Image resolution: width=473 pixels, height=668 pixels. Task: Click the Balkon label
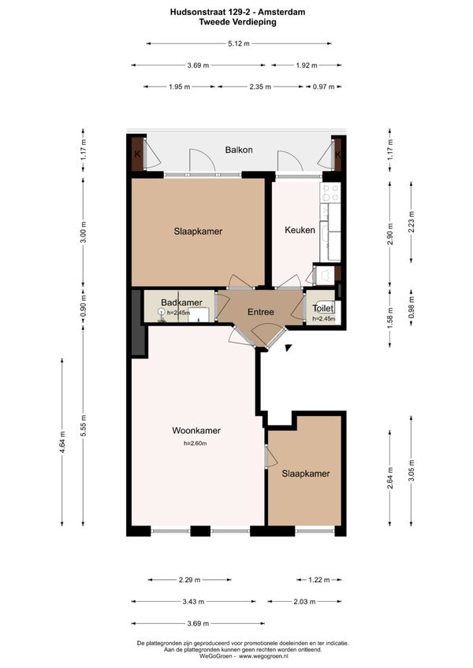239,150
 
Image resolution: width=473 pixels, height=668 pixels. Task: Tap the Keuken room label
300,230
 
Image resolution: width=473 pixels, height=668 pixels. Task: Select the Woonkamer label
196,430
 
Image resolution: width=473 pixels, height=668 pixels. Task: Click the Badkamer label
181,302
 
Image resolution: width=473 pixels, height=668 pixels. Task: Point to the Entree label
261,312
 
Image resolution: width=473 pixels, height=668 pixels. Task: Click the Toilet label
323,308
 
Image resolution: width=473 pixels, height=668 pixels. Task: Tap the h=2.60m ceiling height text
196,443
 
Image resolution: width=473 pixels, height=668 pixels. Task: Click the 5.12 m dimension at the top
239,43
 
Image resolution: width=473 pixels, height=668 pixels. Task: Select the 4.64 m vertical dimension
62,442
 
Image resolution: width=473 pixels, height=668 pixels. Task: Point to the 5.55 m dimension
84,425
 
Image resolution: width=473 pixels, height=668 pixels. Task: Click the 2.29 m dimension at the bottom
189,580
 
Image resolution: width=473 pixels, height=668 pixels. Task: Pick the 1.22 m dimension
319,580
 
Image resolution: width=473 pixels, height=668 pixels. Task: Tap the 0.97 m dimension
323,87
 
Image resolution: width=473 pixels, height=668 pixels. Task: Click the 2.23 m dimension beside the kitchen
412,222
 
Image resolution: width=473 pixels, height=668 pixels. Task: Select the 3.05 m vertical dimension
412,471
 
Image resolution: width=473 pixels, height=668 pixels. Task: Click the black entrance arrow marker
288,347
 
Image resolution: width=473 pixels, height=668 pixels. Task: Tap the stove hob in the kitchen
330,192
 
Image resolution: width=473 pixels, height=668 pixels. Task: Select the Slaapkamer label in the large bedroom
198,232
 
